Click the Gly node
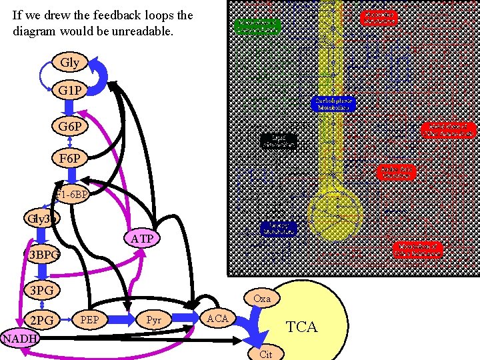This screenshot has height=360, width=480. point(69,63)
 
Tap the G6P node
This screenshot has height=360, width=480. point(70,125)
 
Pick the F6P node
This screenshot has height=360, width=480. point(70,159)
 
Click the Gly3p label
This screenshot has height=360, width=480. point(42,218)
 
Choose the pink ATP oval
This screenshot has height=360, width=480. point(141,238)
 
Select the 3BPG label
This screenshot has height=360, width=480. point(43,255)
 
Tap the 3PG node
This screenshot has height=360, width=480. point(42,290)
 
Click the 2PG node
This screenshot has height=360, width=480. point(42,320)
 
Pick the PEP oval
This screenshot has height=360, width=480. point(89,320)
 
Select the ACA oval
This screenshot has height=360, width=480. point(217,319)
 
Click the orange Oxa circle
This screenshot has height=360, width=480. point(262,298)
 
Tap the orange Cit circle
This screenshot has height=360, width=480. point(265,354)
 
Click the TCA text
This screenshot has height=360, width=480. point(301,327)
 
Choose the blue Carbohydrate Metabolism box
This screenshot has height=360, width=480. point(333,103)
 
